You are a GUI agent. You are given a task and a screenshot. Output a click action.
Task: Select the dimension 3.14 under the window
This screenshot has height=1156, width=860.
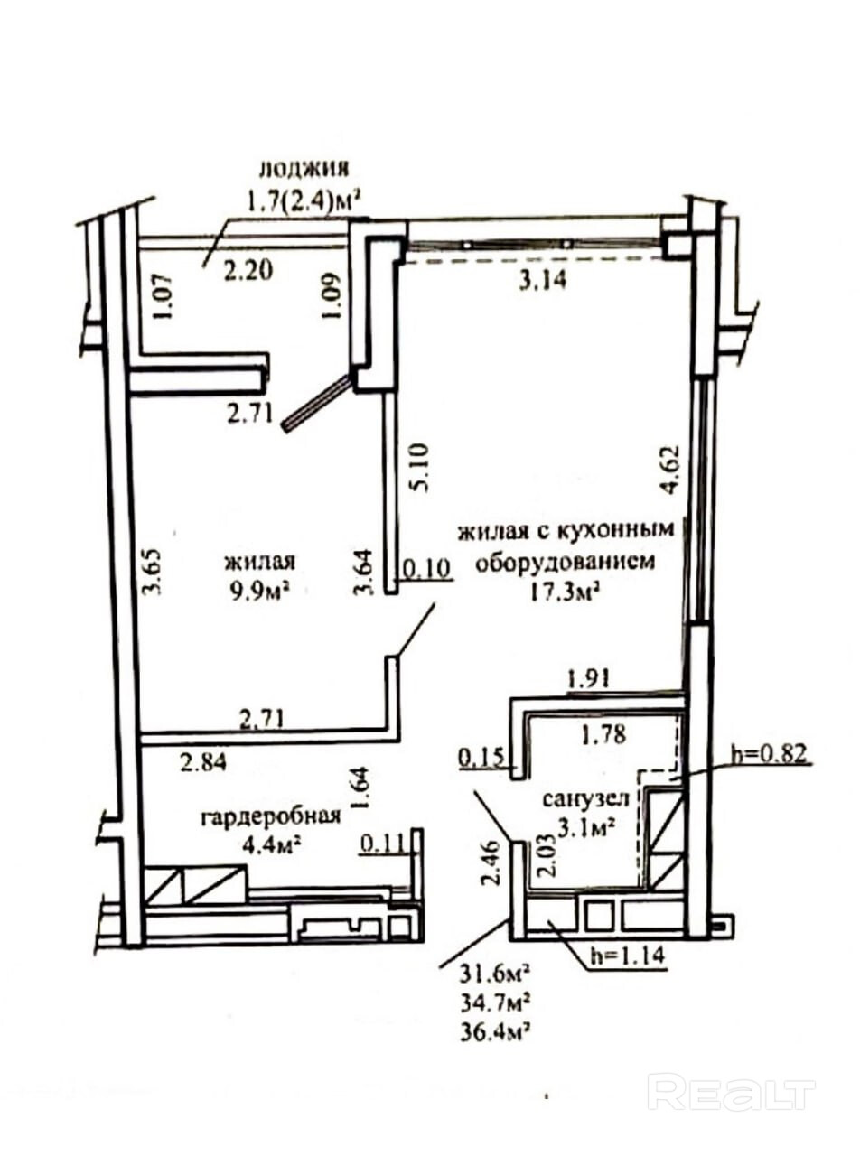pos(542,281)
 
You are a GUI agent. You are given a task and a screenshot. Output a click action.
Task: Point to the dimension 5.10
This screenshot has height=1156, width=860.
pos(419,467)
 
